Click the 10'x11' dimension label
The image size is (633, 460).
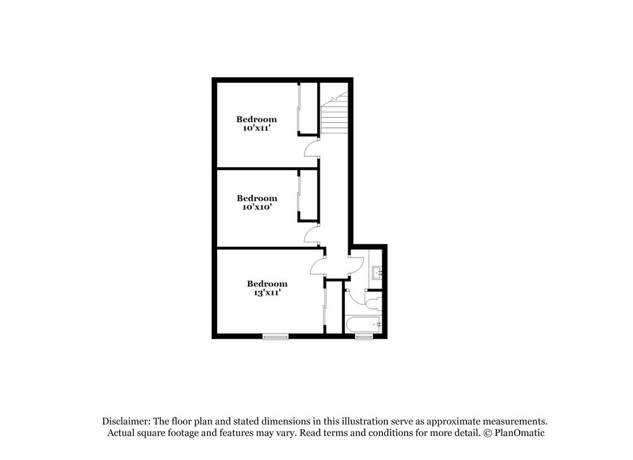point(256,128)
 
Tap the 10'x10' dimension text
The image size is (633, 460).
point(256,207)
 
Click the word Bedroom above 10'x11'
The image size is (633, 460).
point(256,119)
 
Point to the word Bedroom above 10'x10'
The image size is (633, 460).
point(256,198)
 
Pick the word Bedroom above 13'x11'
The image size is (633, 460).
point(266,283)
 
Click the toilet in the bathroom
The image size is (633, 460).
point(373,301)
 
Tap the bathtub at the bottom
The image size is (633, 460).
point(364,325)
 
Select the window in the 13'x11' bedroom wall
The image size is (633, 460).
point(275,336)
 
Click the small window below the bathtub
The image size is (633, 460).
point(364,336)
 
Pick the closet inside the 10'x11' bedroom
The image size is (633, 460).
point(308,109)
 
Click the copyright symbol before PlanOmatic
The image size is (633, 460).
point(487,433)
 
